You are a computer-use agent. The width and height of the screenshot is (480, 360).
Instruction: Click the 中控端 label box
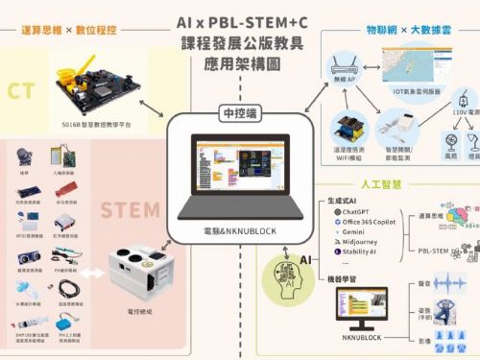click(x=240, y=110)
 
